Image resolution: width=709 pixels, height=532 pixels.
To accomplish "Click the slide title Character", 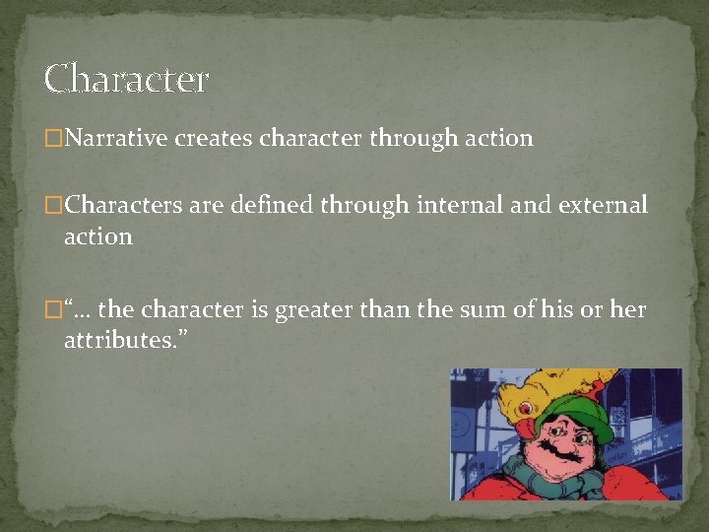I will coord(126,80).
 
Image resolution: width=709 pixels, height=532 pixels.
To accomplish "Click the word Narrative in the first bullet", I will coord(115,139).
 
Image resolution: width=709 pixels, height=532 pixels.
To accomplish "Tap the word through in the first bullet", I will coord(410,139).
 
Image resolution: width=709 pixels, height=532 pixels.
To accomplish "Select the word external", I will coord(603,205).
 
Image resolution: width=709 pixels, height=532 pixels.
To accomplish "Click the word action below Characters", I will coord(97,236).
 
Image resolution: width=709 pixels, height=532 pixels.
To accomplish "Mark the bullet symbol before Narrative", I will coord(52,139).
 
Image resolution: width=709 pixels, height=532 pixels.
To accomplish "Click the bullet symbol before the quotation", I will coord(52,309).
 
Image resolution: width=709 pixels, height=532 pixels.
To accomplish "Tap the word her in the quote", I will coord(628,309).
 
